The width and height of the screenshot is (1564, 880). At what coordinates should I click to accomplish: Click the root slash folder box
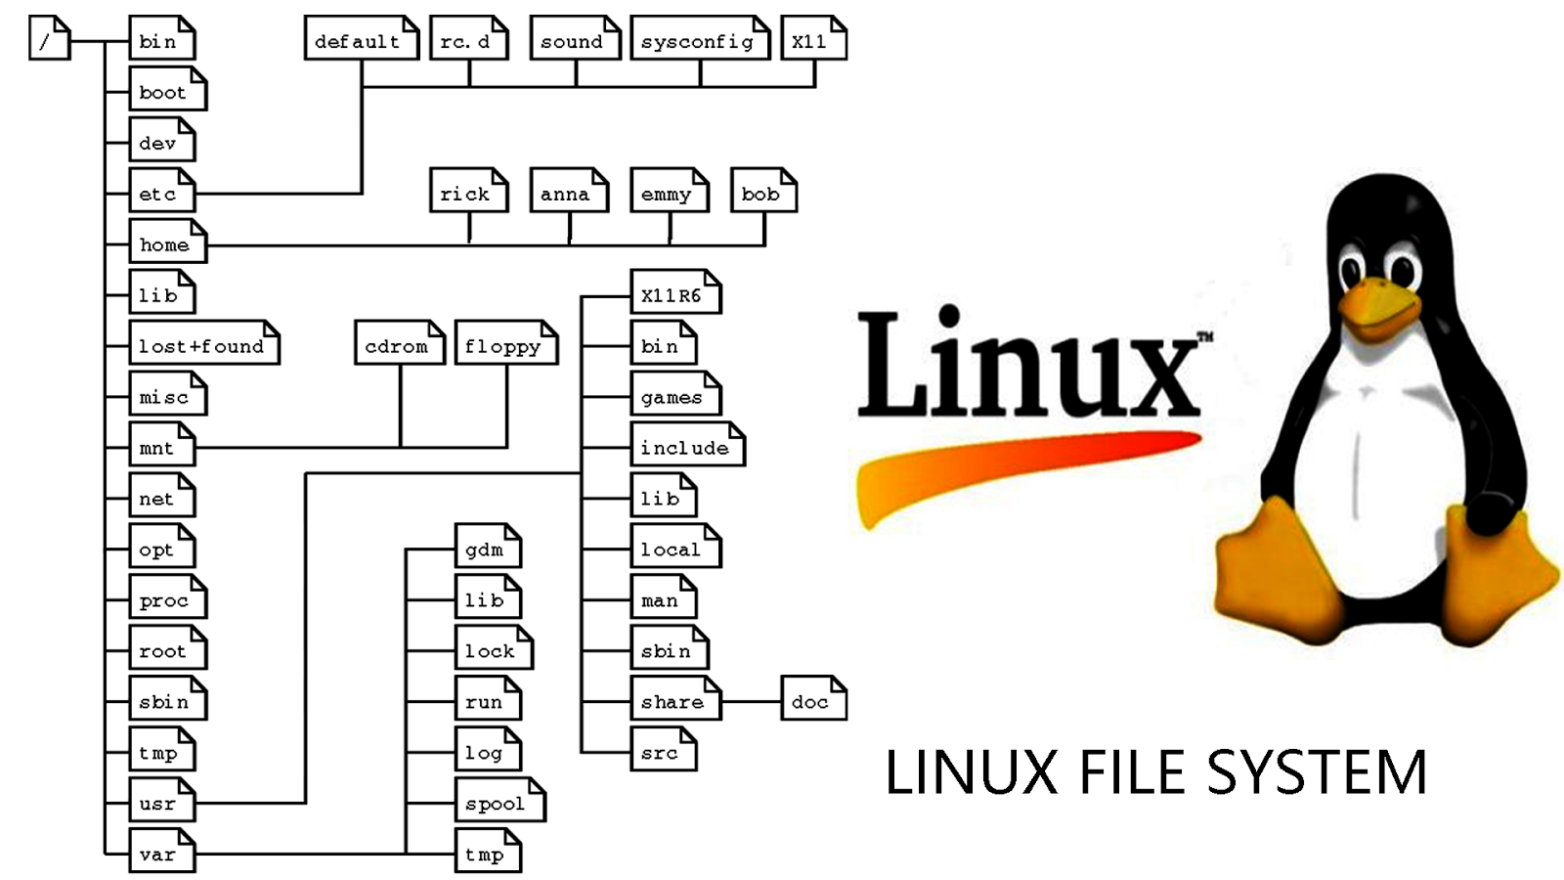click(49, 39)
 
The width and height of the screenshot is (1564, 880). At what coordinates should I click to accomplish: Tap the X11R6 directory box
click(674, 293)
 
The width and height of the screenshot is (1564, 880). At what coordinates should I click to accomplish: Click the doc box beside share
click(812, 700)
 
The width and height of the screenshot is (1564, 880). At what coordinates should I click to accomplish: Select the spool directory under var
click(499, 802)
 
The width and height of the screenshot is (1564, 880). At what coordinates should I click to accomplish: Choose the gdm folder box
click(487, 548)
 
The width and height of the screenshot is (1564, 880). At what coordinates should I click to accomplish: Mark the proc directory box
click(167, 598)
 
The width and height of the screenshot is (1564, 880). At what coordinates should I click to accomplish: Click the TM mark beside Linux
click(1205, 337)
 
